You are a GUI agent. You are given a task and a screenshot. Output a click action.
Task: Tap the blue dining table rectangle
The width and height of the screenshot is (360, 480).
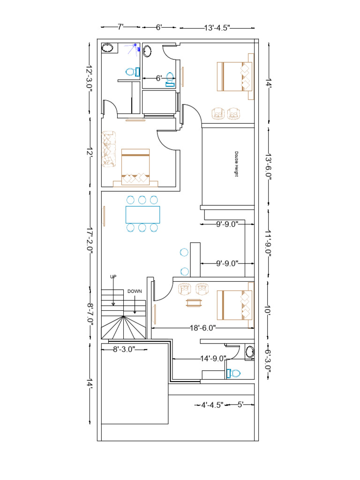click(142, 214)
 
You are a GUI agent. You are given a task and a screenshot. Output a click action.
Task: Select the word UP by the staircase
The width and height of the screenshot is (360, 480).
click(113, 277)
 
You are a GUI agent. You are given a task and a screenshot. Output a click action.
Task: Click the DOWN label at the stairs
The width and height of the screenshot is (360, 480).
click(135, 291)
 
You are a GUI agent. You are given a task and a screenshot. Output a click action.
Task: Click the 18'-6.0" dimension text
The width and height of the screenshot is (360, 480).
click(203, 328)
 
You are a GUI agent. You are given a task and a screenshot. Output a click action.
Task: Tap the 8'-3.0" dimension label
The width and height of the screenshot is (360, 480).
click(124, 349)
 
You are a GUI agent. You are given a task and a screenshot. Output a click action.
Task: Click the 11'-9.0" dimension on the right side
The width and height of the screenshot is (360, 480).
click(268, 242)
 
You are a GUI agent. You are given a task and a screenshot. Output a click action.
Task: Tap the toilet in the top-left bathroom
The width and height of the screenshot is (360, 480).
click(132, 72)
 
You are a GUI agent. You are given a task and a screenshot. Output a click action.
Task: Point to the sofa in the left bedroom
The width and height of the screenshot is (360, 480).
click(108, 149)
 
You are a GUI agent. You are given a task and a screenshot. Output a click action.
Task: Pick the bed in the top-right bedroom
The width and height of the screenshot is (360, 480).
click(235, 76)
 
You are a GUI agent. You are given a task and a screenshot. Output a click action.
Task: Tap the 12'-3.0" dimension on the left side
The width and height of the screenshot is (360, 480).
click(90, 78)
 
